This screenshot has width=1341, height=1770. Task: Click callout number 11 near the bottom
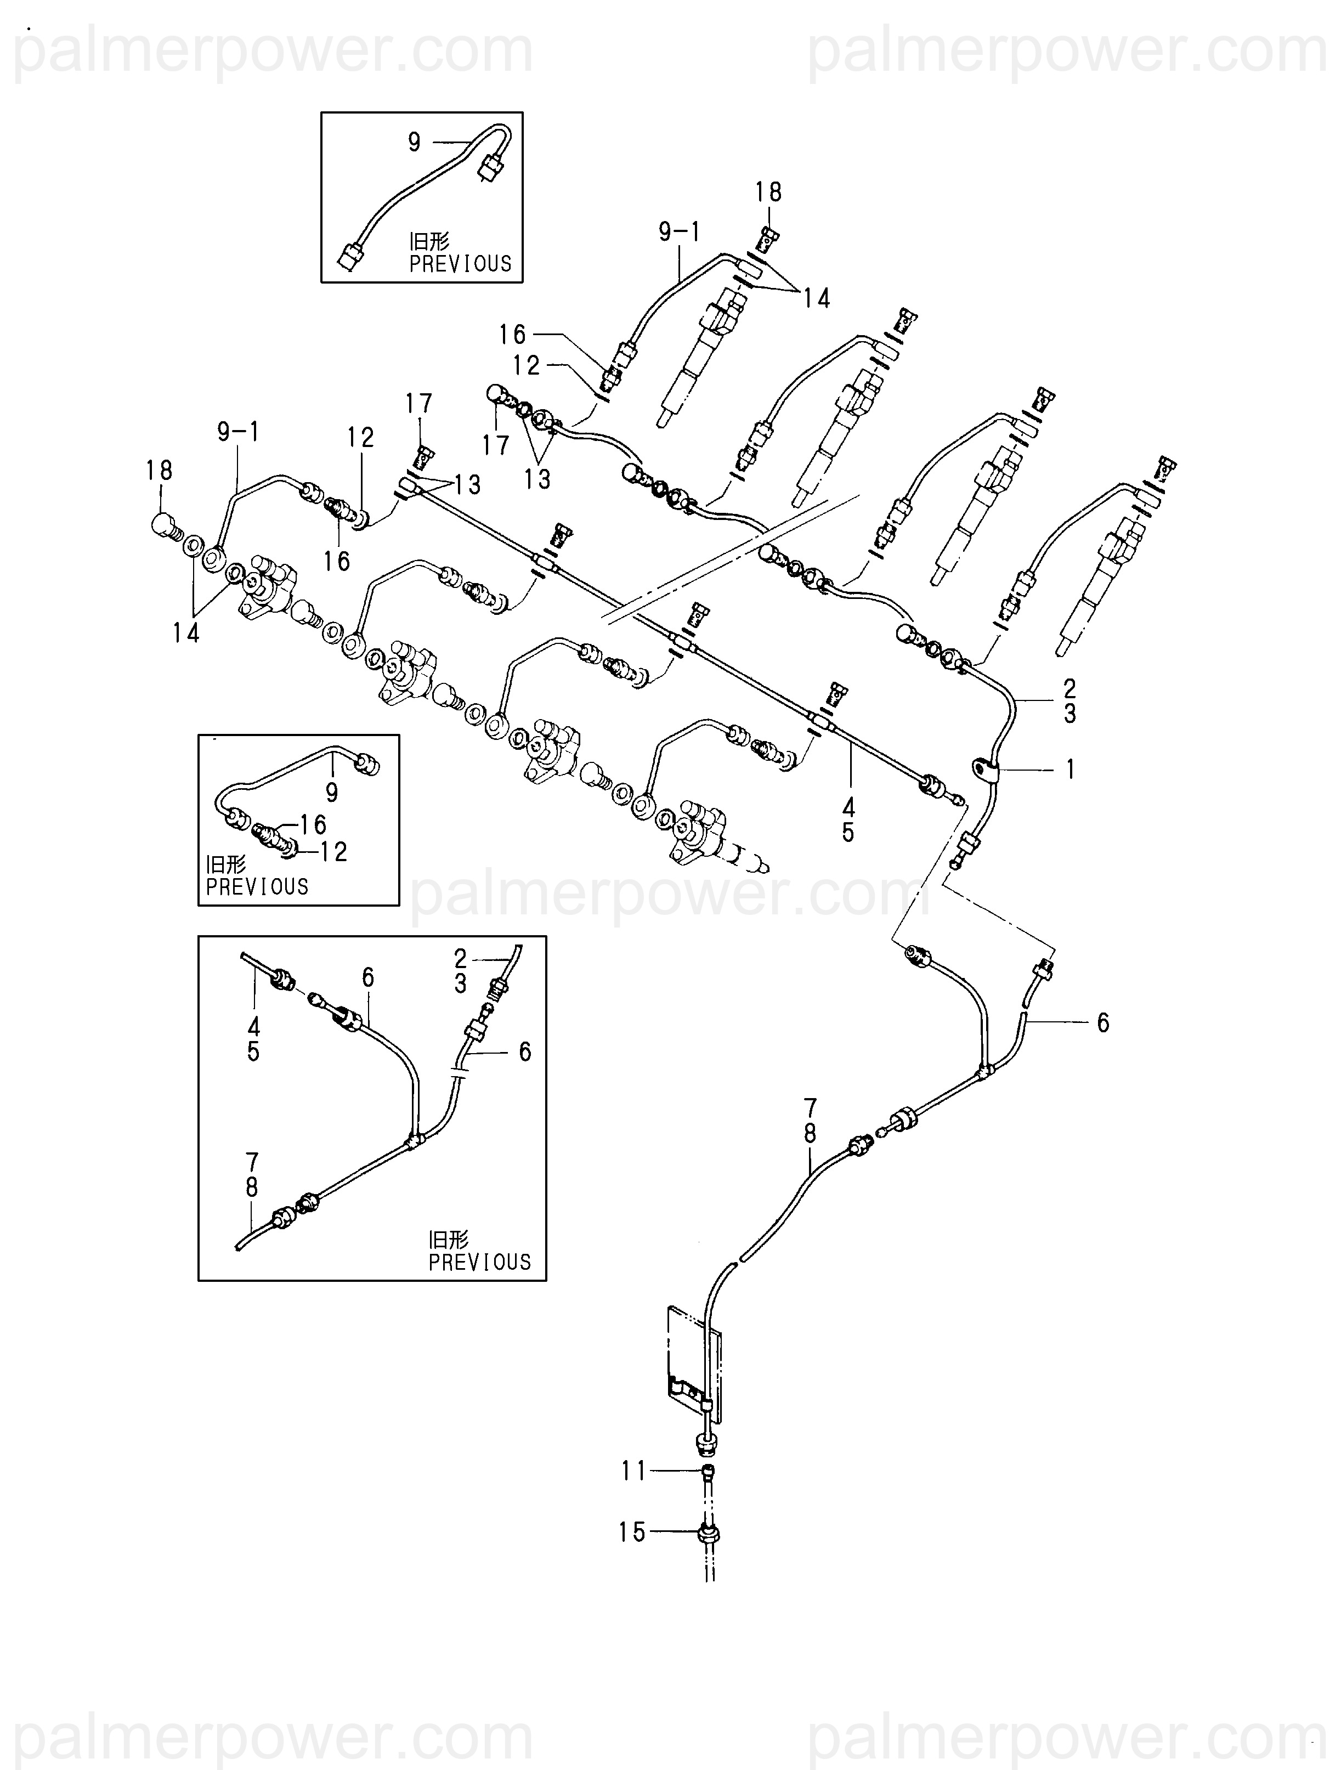pyautogui.click(x=633, y=1471)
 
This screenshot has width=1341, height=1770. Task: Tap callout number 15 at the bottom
pyautogui.click(x=631, y=1533)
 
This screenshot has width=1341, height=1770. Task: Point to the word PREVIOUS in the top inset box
pyautogui.click(x=460, y=263)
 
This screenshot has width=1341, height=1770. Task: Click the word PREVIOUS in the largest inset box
pyautogui.click(x=479, y=1262)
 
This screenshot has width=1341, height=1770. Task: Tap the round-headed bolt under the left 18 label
pyautogui.click(x=166, y=527)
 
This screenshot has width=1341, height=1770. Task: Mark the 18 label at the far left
pyautogui.click(x=159, y=471)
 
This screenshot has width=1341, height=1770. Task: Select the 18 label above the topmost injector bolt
pyautogui.click(x=768, y=192)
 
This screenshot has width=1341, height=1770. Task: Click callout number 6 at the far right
pyautogui.click(x=1102, y=1022)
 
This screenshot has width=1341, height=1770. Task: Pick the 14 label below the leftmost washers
pyautogui.click(x=185, y=633)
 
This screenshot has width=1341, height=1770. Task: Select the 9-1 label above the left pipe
pyautogui.click(x=239, y=432)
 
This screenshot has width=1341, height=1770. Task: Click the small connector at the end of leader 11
pyautogui.click(x=708, y=1470)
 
